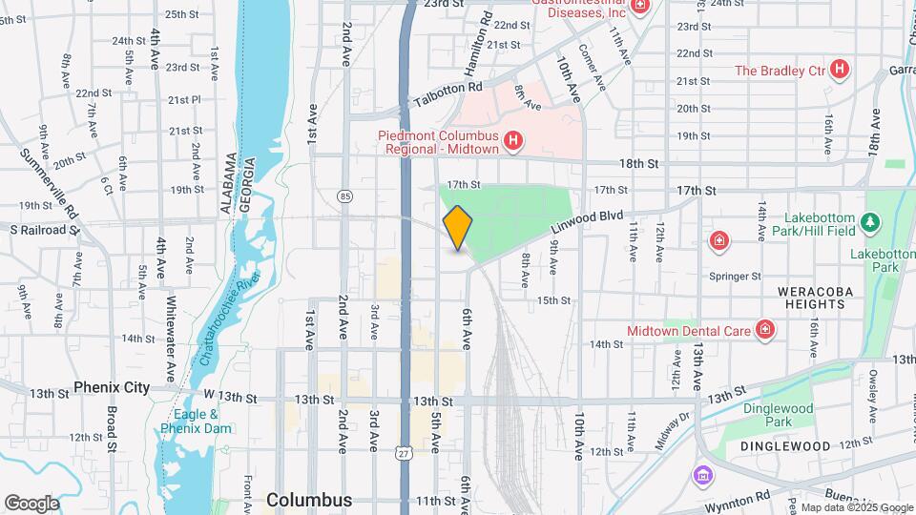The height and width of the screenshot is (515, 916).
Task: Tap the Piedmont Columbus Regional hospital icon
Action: pos(513,142)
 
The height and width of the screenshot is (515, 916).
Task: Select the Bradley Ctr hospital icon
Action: pos(839,70)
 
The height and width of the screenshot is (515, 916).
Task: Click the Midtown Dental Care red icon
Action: pos(764,330)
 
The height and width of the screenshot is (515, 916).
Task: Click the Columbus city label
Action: pos(309,500)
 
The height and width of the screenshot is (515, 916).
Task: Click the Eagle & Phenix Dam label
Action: pos(197,422)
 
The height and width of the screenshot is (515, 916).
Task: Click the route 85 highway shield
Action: pos(344,196)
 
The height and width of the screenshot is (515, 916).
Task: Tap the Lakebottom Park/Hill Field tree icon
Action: pos(869,222)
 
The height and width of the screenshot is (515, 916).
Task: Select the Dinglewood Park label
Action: pos(768,415)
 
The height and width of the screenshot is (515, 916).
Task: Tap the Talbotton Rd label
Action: pos(448,89)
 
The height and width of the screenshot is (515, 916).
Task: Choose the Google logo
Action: pos(31,503)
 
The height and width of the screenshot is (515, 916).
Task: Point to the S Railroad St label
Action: pos(43,230)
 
